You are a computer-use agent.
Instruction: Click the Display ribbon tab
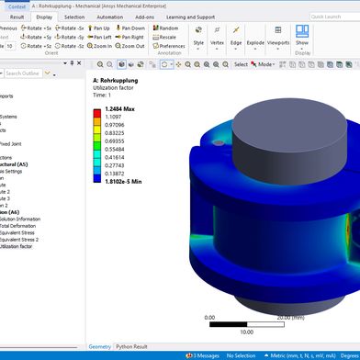(x=44, y=17)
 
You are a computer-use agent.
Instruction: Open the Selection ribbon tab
(x=74, y=17)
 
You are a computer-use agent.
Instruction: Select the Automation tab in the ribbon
(x=110, y=17)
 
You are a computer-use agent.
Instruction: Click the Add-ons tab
(x=145, y=17)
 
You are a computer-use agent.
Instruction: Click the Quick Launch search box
(x=331, y=17)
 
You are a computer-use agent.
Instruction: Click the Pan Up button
(x=123, y=28)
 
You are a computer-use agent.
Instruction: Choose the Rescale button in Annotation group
(x=168, y=37)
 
